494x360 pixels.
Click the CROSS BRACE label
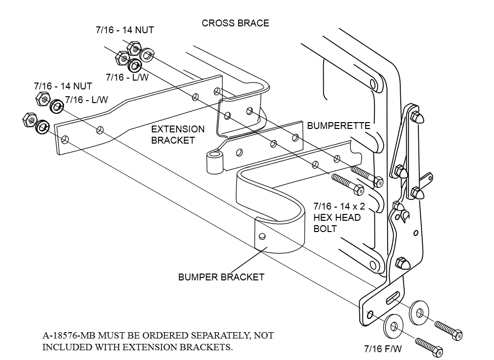(x=235, y=23)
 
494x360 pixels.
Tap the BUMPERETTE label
(x=338, y=126)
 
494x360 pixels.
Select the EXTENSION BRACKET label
(x=178, y=135)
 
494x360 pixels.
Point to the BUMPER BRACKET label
(x=221, y=277)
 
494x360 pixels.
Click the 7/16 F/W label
(x=383, y=349)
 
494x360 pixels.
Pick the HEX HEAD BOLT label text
(x=337, y=217)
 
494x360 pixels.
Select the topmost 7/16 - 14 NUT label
(x=124, y=30)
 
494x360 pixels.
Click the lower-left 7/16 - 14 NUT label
(x=62, y=86)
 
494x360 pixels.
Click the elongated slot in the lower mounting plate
(x=393, y=296)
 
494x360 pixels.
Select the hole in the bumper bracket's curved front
(x=262, y=237)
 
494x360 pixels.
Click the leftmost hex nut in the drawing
(x=28, y=119)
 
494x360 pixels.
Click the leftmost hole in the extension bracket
(x=65, y=140)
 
